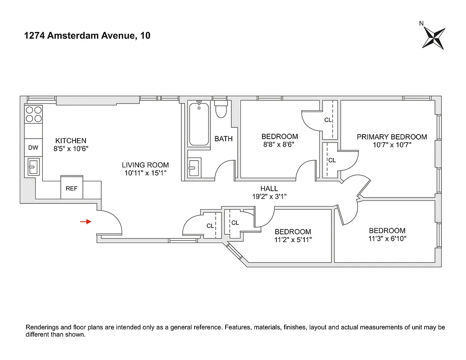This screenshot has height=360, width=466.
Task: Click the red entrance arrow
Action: (x=86, y=221)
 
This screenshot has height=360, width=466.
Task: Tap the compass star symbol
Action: (x=434, y=38)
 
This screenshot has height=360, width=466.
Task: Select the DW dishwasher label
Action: (x=33, y=147)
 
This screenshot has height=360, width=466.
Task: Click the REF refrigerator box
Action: (x=72, y=189)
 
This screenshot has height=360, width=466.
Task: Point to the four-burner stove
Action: (x=33, y=114)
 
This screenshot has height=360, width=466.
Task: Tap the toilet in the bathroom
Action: (x=221, y=109)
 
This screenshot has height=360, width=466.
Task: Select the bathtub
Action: (x=199, y=124)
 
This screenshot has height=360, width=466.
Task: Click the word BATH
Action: (x=223, y=139)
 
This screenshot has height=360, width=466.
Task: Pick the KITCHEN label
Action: (x=71, y=140)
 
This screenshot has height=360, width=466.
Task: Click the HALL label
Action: (x=269, y=189)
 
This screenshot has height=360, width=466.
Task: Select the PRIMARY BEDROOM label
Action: (x=392, y=137)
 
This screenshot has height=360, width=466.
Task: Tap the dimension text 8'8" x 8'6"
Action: (x=280, y=144)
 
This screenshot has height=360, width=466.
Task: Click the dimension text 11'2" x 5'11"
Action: (x=293, y=240)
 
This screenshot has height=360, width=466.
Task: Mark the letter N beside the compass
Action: (x=421, y=23)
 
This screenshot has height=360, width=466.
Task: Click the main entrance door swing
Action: (x=110, y=223)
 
